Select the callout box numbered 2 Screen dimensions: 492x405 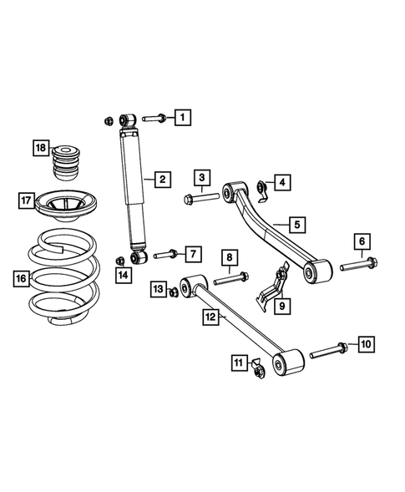click(x=162, y=179)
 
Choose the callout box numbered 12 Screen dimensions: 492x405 click(x=210, y=317)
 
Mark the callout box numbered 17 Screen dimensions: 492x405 click(x=27, y=200)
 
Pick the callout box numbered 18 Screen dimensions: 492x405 click(x=40, y=148)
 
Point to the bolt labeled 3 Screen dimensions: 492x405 click(x=196, y=199)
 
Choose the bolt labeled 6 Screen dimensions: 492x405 click(x=357, y=266)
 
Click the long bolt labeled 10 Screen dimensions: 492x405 click(x=327, y=349)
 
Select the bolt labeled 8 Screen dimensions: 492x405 click(x=230, y=278)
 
